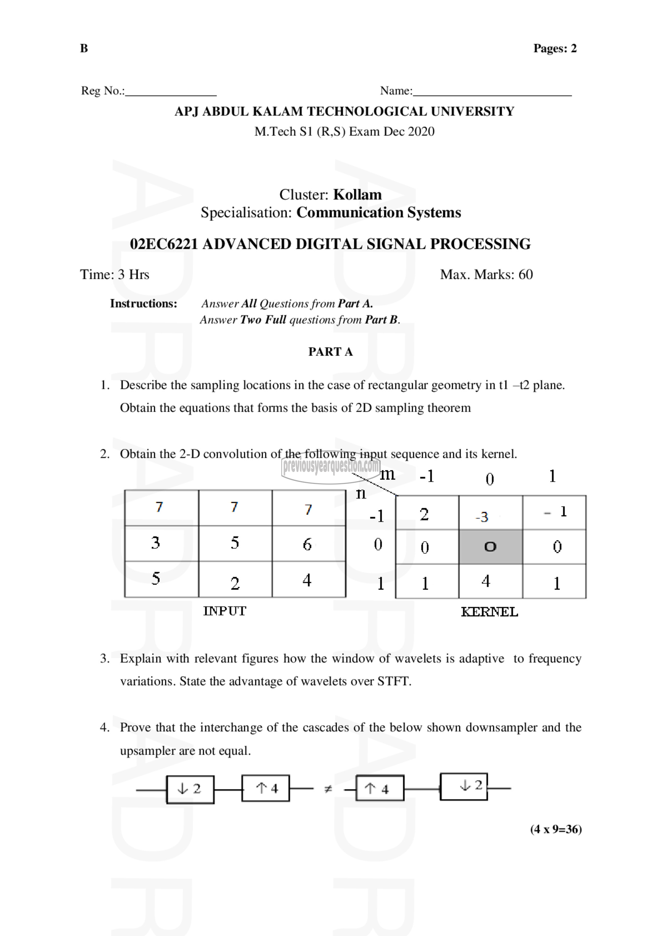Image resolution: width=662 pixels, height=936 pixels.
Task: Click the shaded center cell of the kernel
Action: click(x=491, y=547)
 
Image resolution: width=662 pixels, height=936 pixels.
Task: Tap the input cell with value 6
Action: click(x=308, y=543)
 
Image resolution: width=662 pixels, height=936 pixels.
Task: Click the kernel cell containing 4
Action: click(x=491, y=581)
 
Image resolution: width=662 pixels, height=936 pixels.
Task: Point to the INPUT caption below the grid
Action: click(x=225, y=611)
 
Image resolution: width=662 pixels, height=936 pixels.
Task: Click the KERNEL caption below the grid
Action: click(x=489, y=612)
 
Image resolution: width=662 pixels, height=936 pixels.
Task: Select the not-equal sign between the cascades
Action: click(x=328, y=789)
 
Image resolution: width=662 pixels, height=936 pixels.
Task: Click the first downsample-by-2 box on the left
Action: click(x=190, y=789)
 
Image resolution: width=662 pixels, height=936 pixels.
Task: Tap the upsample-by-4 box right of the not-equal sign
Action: click(x=380, y=788)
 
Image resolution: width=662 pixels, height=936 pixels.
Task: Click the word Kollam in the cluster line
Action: click(x=357, y=195)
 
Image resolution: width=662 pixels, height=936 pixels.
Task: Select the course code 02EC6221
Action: click(x=164, y=244)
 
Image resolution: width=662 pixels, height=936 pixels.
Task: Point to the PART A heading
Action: click(x=330, y=351)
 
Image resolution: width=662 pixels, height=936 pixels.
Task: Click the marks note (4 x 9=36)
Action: click(x=556, y=829)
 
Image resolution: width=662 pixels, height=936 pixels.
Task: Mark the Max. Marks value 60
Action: click(x=525, y=274)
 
